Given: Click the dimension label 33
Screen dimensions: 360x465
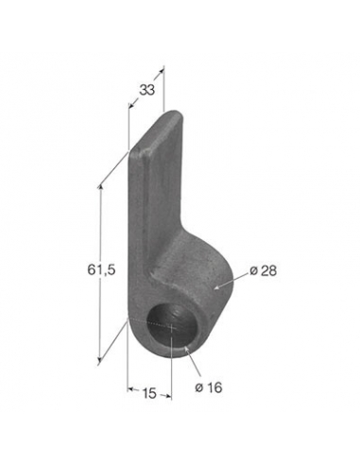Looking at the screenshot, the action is coord(147,90).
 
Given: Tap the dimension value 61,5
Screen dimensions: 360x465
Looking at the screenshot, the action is coord(101,269).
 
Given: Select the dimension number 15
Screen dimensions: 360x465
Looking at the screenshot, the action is coord(149,393).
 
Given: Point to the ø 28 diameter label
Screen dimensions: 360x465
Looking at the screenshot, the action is coord(264,270).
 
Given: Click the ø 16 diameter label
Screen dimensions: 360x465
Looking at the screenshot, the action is coord(209,387).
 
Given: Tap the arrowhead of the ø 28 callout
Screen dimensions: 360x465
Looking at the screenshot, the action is coord(216,287).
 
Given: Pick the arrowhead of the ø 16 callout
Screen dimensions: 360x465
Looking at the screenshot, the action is coord(186,349).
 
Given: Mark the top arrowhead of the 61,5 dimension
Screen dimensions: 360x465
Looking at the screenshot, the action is coord(100,188).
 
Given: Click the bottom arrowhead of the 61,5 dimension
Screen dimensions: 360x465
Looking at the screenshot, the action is coord(100,359).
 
